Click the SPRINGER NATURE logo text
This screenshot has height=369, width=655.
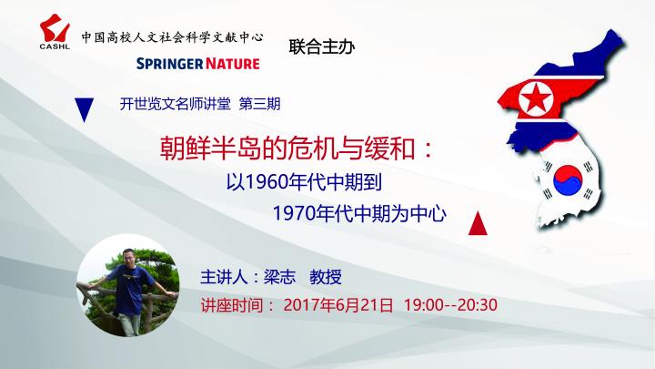[x=198, y=64]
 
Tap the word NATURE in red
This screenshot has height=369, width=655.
[x=232, y=64]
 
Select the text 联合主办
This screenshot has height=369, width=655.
[x=322, y=46]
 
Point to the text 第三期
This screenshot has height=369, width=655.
[x=259, y=104]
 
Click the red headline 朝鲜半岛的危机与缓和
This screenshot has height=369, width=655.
[x=287, y=149]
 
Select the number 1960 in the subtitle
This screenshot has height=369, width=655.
[x=266, y=182]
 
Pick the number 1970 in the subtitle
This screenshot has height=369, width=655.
[x=294, y=213]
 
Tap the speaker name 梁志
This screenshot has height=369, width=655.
[x=279, y=277]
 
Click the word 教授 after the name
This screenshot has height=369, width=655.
[x=326, y=277]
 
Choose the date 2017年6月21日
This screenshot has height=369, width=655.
[x=338, y=305]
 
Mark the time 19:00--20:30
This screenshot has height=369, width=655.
[x=450, y=305]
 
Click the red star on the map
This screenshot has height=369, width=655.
[x=536, y=99]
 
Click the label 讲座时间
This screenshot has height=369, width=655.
[x=232, y=305]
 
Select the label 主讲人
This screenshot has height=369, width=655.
[x=224, y=277]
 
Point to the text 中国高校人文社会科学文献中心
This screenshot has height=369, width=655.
[x=173, y=37]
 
